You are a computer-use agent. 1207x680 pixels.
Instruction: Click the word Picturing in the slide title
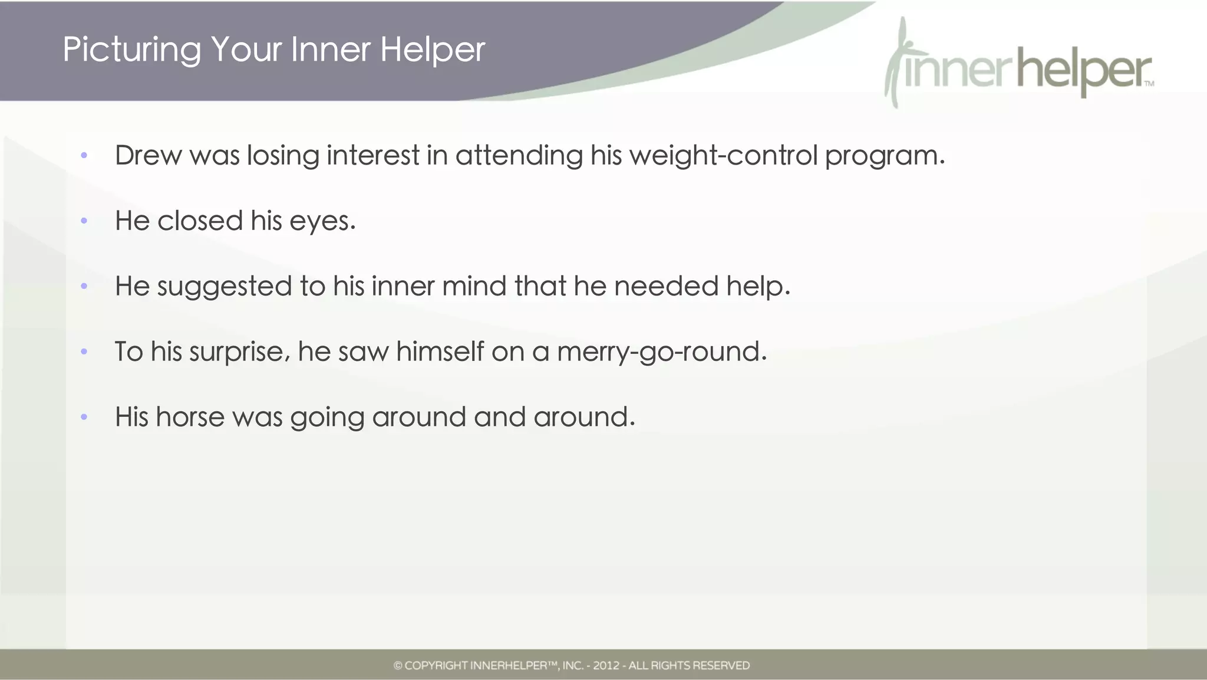pyautogui.click(x=131, y=50)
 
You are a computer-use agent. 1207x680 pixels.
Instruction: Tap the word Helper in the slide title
pyautogui.click(x=432, y=50)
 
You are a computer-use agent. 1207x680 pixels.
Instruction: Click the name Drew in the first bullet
pyautogui.click(x=148, y=156)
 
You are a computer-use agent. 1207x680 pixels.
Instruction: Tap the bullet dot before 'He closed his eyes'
pyautogui.click(x=84, y=221)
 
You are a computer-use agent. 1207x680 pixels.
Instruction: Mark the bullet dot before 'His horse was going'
pyautogui.click(x=84, y=418)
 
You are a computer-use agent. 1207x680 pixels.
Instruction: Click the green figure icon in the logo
pyautogui.click(x=896, y=62)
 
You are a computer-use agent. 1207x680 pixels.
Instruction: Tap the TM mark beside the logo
pyautogui.click(x=1149, y=84)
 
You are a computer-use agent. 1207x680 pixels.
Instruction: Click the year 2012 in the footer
pyautogui.click(x=606, y=666)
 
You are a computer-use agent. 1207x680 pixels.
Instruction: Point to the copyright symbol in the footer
pyautogui.click(x=398, y=666)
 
